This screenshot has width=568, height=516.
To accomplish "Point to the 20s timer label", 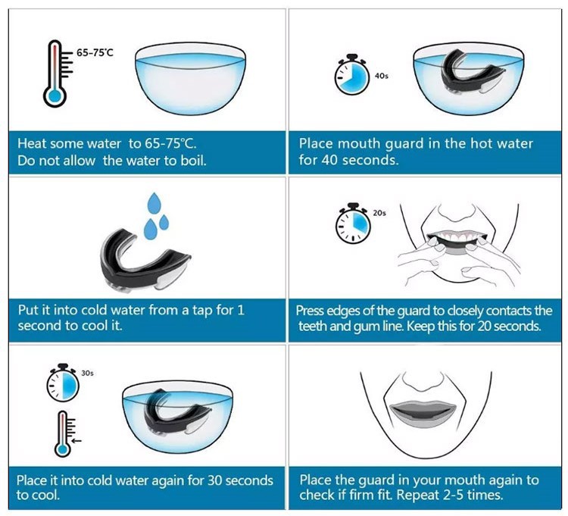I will [x=379, y=214].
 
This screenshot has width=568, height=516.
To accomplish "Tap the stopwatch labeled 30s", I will [x=62, y=386].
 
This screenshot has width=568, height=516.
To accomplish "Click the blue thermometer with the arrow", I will [x=62, y=433].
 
